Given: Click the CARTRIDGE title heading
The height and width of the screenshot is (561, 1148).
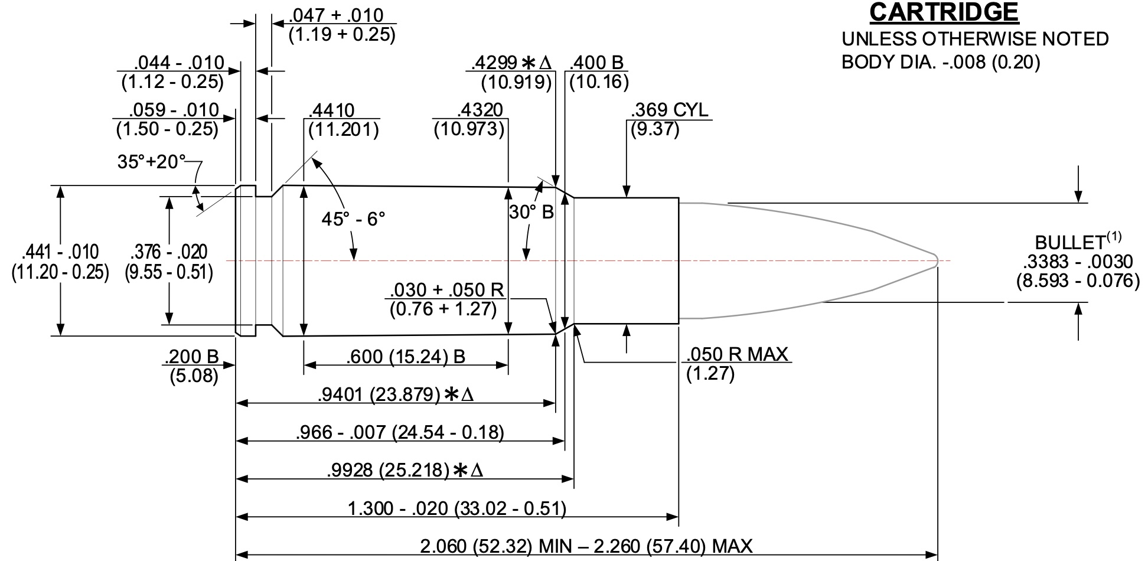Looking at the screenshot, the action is click(944, 12).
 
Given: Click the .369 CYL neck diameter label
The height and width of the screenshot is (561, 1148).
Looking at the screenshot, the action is click(669, 110).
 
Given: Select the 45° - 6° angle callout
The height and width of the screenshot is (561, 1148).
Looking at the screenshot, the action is click(353, 219).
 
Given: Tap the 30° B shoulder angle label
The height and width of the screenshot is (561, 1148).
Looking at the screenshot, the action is click(531, 212).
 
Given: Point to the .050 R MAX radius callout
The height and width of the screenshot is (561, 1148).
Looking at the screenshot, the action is click(737, 354).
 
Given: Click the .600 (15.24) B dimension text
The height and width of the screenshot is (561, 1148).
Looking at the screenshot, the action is click(406, 357).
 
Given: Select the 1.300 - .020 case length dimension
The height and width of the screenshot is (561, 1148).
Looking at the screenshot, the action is click(457, 508).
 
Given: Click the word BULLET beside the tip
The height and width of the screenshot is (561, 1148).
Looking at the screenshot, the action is click(1069, 243).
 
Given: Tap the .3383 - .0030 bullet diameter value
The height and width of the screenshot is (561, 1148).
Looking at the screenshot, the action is click(1078, 262).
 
